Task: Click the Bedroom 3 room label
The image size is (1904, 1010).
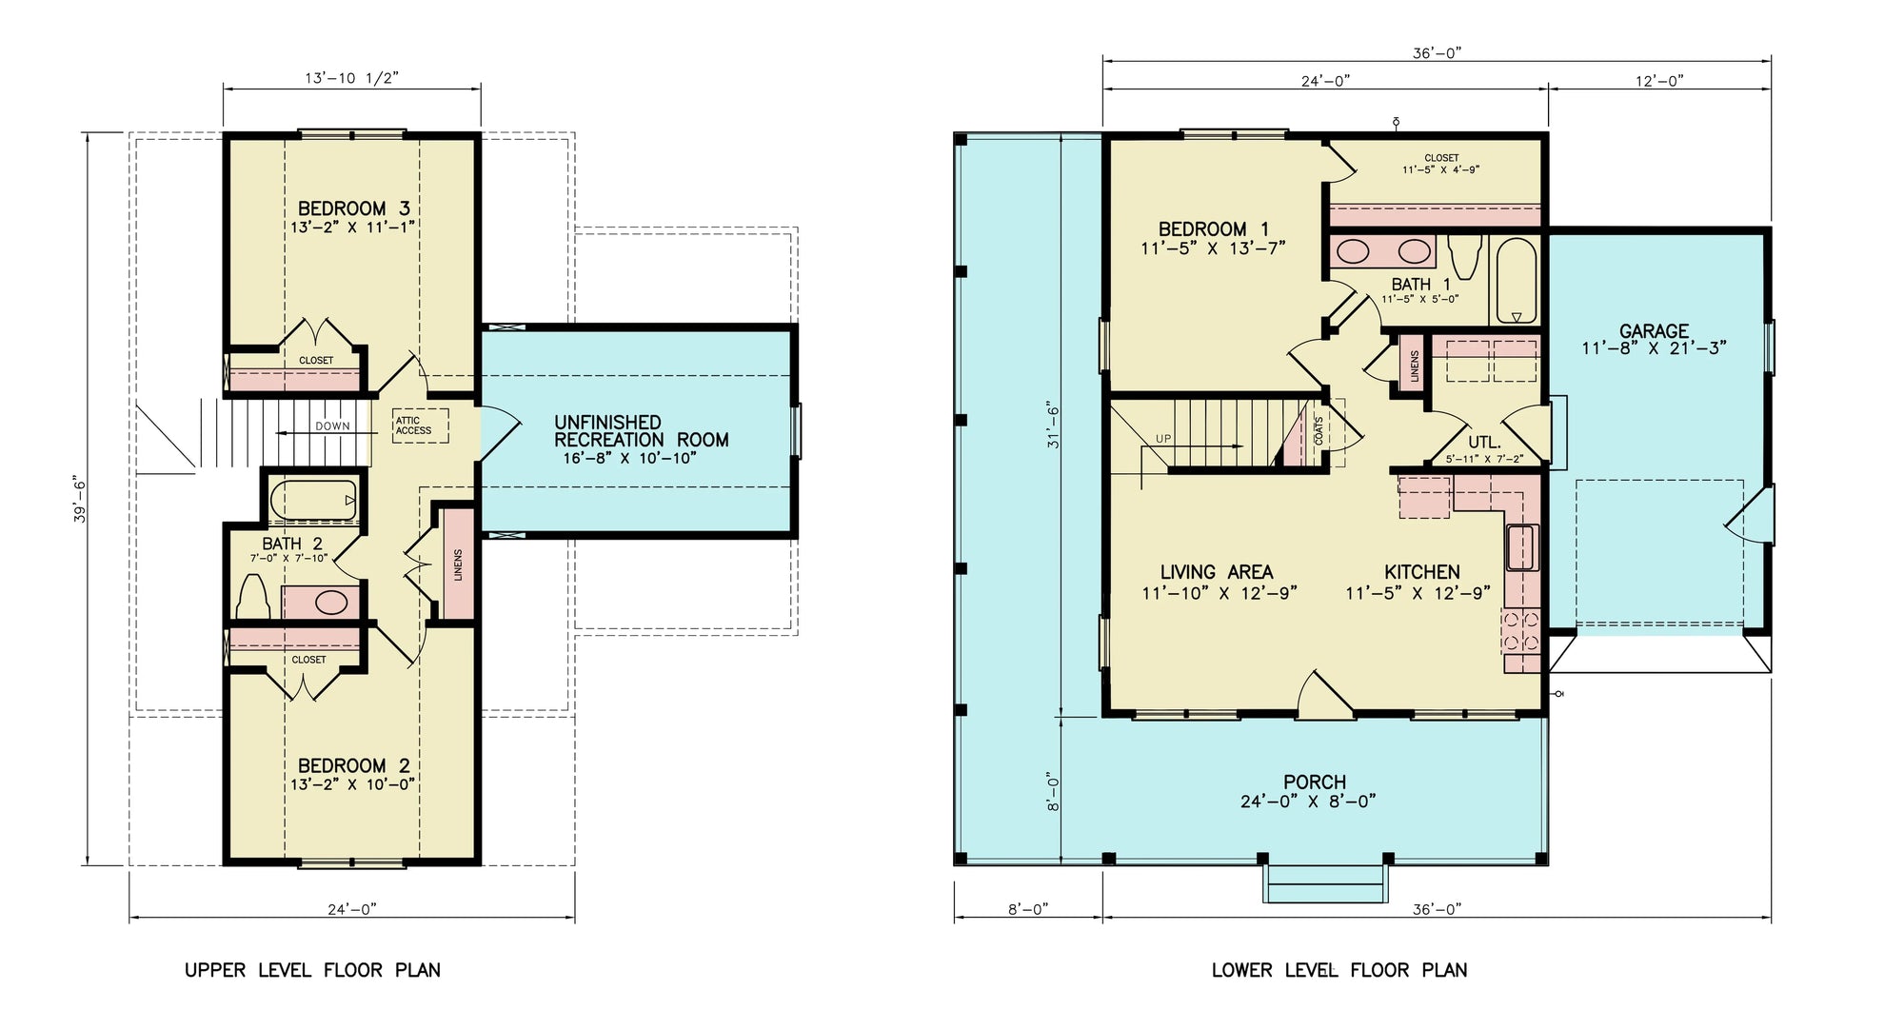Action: click(x=354, y=208)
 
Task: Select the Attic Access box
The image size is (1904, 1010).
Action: click(x=421, y=426)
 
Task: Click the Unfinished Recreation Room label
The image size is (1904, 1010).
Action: click(x=641, y=431)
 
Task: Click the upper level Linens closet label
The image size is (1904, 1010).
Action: click(x=458, y=565)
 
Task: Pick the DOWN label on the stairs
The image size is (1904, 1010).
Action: click(x=332, y=426)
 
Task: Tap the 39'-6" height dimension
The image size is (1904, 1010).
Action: click(x=81, y=500)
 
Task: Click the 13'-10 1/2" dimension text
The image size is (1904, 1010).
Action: click(x=351, y=78)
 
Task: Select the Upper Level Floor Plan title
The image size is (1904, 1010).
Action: click(x=312, y=970)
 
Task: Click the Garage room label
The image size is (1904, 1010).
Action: click(x=1654, y=331)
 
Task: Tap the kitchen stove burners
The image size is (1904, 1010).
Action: click(x=1520, y=630)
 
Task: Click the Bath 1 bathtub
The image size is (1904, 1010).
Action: click(x=1516, y=280)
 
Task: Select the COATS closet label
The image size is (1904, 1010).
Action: click(x=1319, y=431)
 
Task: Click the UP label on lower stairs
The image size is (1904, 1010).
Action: click(x=1163, y=439)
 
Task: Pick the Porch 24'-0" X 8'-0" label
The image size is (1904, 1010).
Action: click(x=1314, y=791)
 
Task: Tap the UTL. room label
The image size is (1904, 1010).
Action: click(x=1483, y=443)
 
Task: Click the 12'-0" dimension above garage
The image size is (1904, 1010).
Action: click(x=1659, y=82)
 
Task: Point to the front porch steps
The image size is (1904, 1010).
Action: click(x=1324, y=885)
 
